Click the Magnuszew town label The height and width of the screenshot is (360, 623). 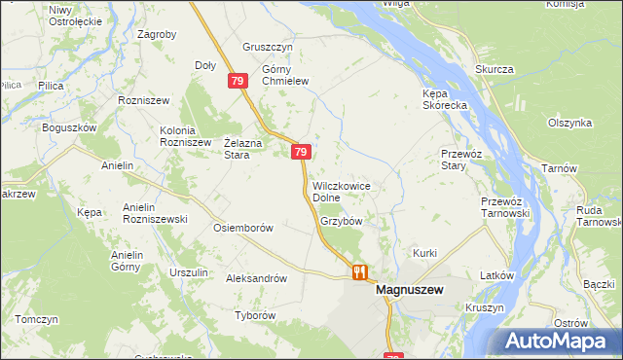tap(409, 290)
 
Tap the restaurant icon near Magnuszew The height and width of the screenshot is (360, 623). tap(359, 272)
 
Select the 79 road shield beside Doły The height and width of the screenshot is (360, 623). tap(238, 83)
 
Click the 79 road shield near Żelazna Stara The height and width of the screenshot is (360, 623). tap(301, 152)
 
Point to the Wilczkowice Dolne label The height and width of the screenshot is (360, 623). tap(341, 192)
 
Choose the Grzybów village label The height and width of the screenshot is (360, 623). tap(341, 221)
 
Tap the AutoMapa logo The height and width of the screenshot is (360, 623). tap(559, 342)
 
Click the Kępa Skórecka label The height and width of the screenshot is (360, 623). tap(446, 104)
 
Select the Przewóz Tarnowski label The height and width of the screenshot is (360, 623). tap(504, 207)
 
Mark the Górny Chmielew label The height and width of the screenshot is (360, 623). tap(285, 76)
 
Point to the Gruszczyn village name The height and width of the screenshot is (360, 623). tap(269, 46)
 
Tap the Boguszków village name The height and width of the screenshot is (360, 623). tap(69, 127)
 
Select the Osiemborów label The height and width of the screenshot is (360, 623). tap(241, 228)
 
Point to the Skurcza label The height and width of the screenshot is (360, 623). tap(495, 69)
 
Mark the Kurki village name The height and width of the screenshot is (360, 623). tap(425, 253)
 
